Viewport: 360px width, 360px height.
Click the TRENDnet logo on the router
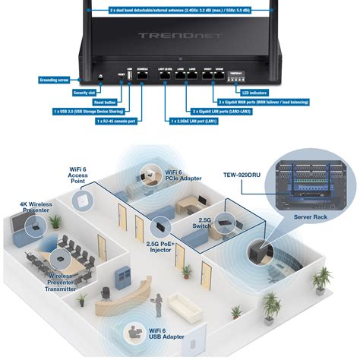(179, 36)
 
